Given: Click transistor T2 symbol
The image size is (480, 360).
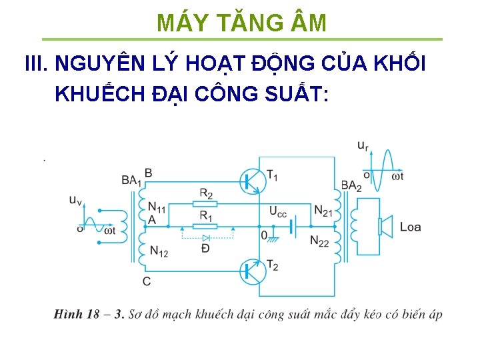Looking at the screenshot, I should click(251, 271).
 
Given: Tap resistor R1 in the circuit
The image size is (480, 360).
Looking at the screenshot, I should click(205, 226).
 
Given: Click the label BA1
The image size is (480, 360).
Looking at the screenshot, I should click(131, 180).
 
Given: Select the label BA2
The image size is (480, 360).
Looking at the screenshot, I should click(351, 186).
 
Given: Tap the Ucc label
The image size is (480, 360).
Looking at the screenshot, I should click(278, 212).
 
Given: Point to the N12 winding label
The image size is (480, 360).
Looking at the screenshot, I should click(159, 251).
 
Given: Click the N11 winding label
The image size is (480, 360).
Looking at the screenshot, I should click(157, 209).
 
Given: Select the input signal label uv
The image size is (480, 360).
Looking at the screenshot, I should click(76, 199).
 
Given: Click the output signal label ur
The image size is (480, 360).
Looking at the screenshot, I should click(363, 145).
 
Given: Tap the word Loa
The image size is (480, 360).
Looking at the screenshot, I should click(410, 227).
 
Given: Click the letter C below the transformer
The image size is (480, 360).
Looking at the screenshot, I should click(147, 281).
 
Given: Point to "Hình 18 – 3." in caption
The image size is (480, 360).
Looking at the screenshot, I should click(89, 314).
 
